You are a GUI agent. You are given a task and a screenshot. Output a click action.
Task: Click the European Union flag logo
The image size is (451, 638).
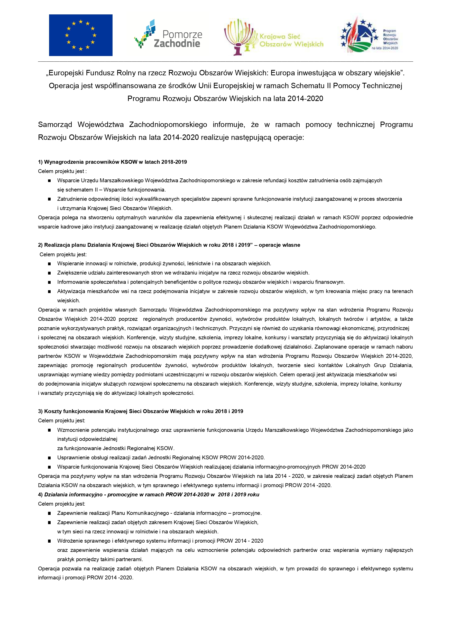click(x=81, y=35)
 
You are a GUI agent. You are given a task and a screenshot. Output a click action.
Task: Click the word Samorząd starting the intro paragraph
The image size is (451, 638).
click(x=55, y=124)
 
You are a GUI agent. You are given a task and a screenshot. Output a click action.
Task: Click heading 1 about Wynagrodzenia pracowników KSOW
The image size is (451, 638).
click(x=112, y=162)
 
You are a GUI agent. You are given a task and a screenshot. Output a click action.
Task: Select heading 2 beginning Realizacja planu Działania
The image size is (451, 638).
click(x=169, y=245)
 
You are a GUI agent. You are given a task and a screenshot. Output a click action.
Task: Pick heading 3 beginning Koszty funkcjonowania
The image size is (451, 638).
click(x=140, y=411)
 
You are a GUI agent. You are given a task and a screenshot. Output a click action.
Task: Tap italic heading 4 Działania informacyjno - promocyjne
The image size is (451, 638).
click(x=151, y=494)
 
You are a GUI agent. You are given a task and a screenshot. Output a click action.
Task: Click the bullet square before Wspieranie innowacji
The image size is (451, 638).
click(x=49, y=264)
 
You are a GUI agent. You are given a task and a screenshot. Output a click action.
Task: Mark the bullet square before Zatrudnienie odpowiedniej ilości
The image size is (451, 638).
click(x=49, y=199)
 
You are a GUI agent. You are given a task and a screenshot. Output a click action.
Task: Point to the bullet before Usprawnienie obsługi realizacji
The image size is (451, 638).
click(x=49, y=458)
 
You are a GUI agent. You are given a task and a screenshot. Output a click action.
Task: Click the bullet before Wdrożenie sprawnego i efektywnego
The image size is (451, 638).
click(x=49, y=541)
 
